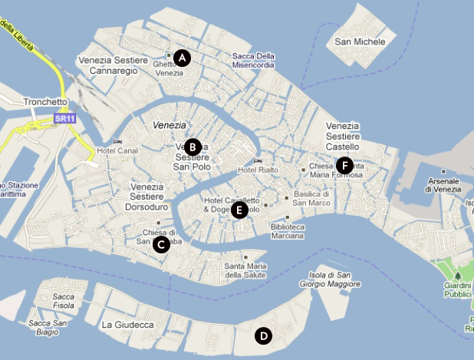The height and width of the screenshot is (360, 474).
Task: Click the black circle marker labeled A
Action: (x=181, y=57)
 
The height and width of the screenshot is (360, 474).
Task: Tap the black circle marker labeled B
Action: (x=193, y=146)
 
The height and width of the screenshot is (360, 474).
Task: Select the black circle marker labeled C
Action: (x=161, y=244)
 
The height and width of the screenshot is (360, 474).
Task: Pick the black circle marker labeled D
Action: (x=263, y=335)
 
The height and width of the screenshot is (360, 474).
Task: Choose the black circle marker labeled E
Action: (x=239, y=210)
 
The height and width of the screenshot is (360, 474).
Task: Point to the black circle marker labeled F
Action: (x=344, y=165)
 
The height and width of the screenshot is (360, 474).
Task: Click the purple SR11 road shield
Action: (x=65, y=118)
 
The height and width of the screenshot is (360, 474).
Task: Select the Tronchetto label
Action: (x=46, y=101)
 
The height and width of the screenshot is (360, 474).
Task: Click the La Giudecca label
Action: (x=127, y=325)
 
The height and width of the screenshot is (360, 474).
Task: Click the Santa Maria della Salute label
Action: (x=245, y=270)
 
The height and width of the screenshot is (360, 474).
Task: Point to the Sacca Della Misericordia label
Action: (x=252, y=61)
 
